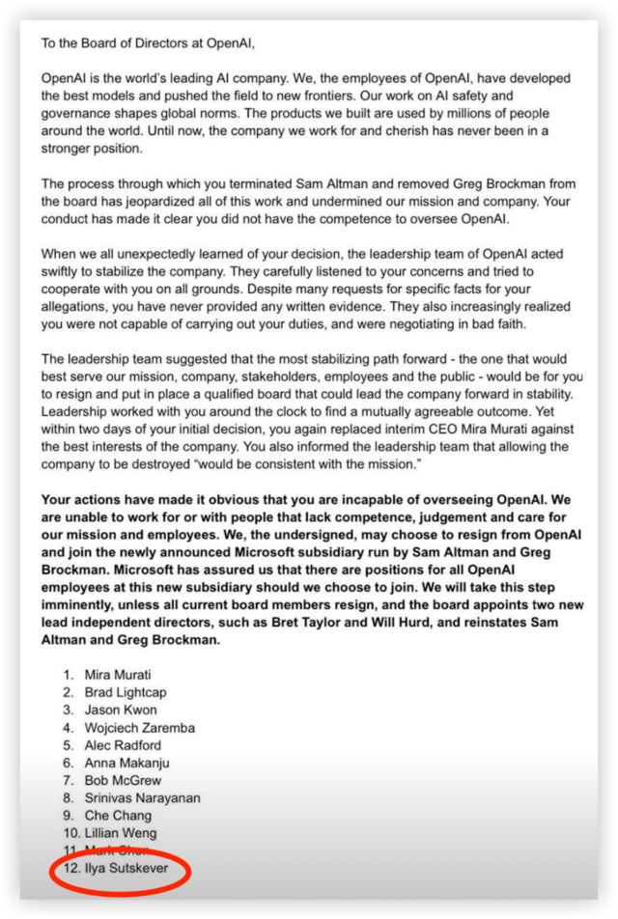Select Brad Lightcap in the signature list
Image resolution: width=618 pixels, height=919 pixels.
coord(126,692)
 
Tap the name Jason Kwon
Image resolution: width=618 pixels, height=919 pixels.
coord(121,710)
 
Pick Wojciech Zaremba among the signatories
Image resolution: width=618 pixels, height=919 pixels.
coord(139,727)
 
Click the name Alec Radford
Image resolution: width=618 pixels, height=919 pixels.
coord(123,745)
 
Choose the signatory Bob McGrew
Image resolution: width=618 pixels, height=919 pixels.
coord(123,780)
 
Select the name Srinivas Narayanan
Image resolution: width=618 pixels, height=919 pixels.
coord(143,797)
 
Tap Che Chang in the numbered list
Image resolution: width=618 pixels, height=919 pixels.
coord(118,816)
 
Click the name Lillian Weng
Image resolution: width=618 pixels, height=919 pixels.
coord(121,833)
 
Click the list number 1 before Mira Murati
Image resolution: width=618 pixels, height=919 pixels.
coord(68,675)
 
